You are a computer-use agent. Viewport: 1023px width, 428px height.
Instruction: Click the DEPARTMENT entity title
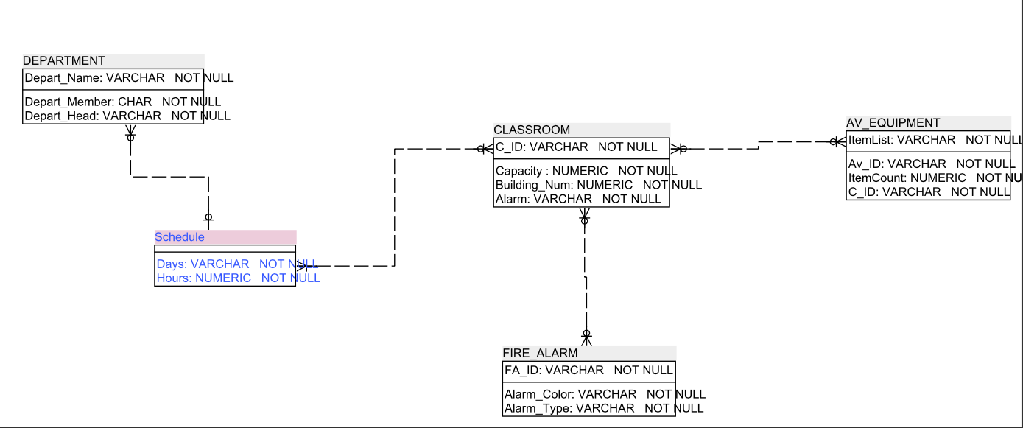click(x=65, y=61)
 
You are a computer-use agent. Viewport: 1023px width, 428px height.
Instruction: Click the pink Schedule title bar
click(x=225, y=237)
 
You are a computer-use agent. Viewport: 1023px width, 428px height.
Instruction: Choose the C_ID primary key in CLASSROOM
click(x=576, y=147)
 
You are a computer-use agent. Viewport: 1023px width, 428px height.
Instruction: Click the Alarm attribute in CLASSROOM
click(x=578, y=199)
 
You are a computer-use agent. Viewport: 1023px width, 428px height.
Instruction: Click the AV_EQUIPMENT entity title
click(x=893, y=123)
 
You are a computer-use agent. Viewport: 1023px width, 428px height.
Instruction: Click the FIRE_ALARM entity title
click(x=540, y=353)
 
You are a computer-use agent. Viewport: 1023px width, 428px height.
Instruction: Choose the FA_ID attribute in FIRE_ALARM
click(x=588, y=370)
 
